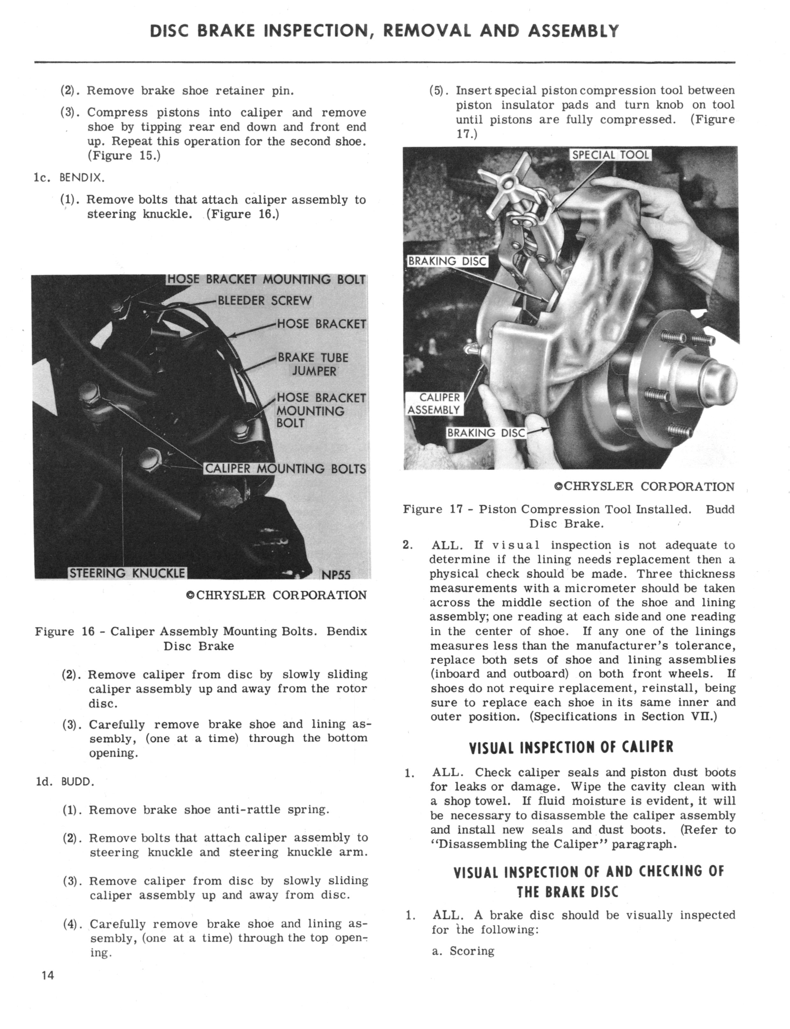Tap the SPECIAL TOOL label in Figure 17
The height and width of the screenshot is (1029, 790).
pyautogui.click(x=610, y=155)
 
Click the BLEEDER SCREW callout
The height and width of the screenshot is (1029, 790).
pyautogui.click(x=265, y=301)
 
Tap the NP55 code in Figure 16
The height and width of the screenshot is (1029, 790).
pyautogui.click(x=336, y=575)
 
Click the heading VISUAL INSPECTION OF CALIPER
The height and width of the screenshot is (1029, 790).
pyautogui.click(x=571, y=747)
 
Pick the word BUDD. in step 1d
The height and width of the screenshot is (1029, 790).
pyautogui.click(x=78, y=782)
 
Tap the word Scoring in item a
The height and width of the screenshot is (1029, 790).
pyautogui.click(x=472, y=951)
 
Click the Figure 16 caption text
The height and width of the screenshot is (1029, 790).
pyautogui.click(x=201, y=638)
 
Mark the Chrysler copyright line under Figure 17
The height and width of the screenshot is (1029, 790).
pyautogui.click(x=644, y=486)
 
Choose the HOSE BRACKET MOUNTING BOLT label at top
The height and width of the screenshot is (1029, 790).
pyautogui.click(x=266, y=279)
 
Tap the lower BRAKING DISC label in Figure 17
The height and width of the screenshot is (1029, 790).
pyautogui.click(x=486, y=432)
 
